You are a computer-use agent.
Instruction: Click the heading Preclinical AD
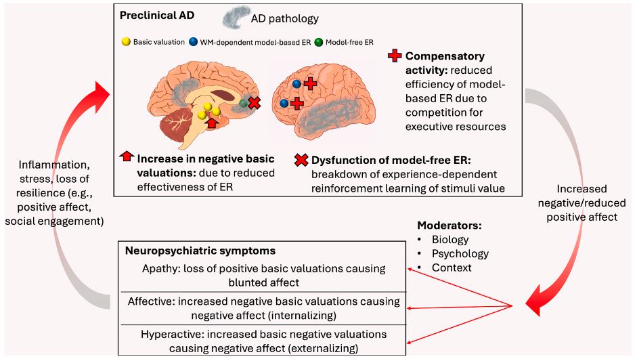157,16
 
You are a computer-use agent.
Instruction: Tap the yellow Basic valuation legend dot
126,41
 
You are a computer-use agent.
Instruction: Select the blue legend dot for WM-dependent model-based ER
194,41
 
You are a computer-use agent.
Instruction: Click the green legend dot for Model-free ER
319,42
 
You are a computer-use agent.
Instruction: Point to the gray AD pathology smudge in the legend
236,17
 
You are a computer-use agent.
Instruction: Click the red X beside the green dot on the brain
255,103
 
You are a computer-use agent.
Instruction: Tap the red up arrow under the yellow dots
212,121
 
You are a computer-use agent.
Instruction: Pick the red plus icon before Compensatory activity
395,56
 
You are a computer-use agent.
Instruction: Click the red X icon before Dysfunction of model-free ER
301,160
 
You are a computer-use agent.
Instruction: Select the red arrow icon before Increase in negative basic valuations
127,156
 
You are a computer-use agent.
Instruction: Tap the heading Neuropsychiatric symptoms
200,251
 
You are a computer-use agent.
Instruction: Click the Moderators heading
449,226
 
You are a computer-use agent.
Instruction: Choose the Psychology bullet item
460,254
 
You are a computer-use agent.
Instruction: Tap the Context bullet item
445,268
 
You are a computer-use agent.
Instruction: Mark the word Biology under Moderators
450,240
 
